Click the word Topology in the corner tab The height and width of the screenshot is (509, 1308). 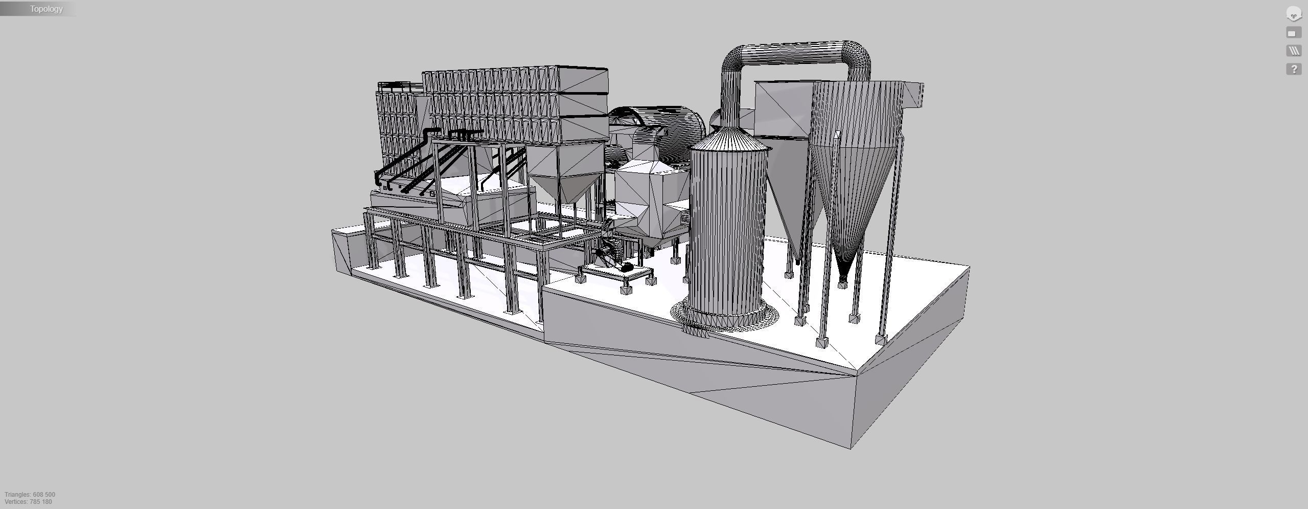pos(46,9)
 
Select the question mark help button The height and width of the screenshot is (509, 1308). pos(1293,69)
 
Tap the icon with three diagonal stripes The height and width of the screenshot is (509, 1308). pos(1293,51)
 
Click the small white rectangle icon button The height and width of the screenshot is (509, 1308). pos(1293,33)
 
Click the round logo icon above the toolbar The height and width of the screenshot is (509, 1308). pos(1293,14)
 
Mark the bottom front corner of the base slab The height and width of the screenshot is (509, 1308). pos(851,448)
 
